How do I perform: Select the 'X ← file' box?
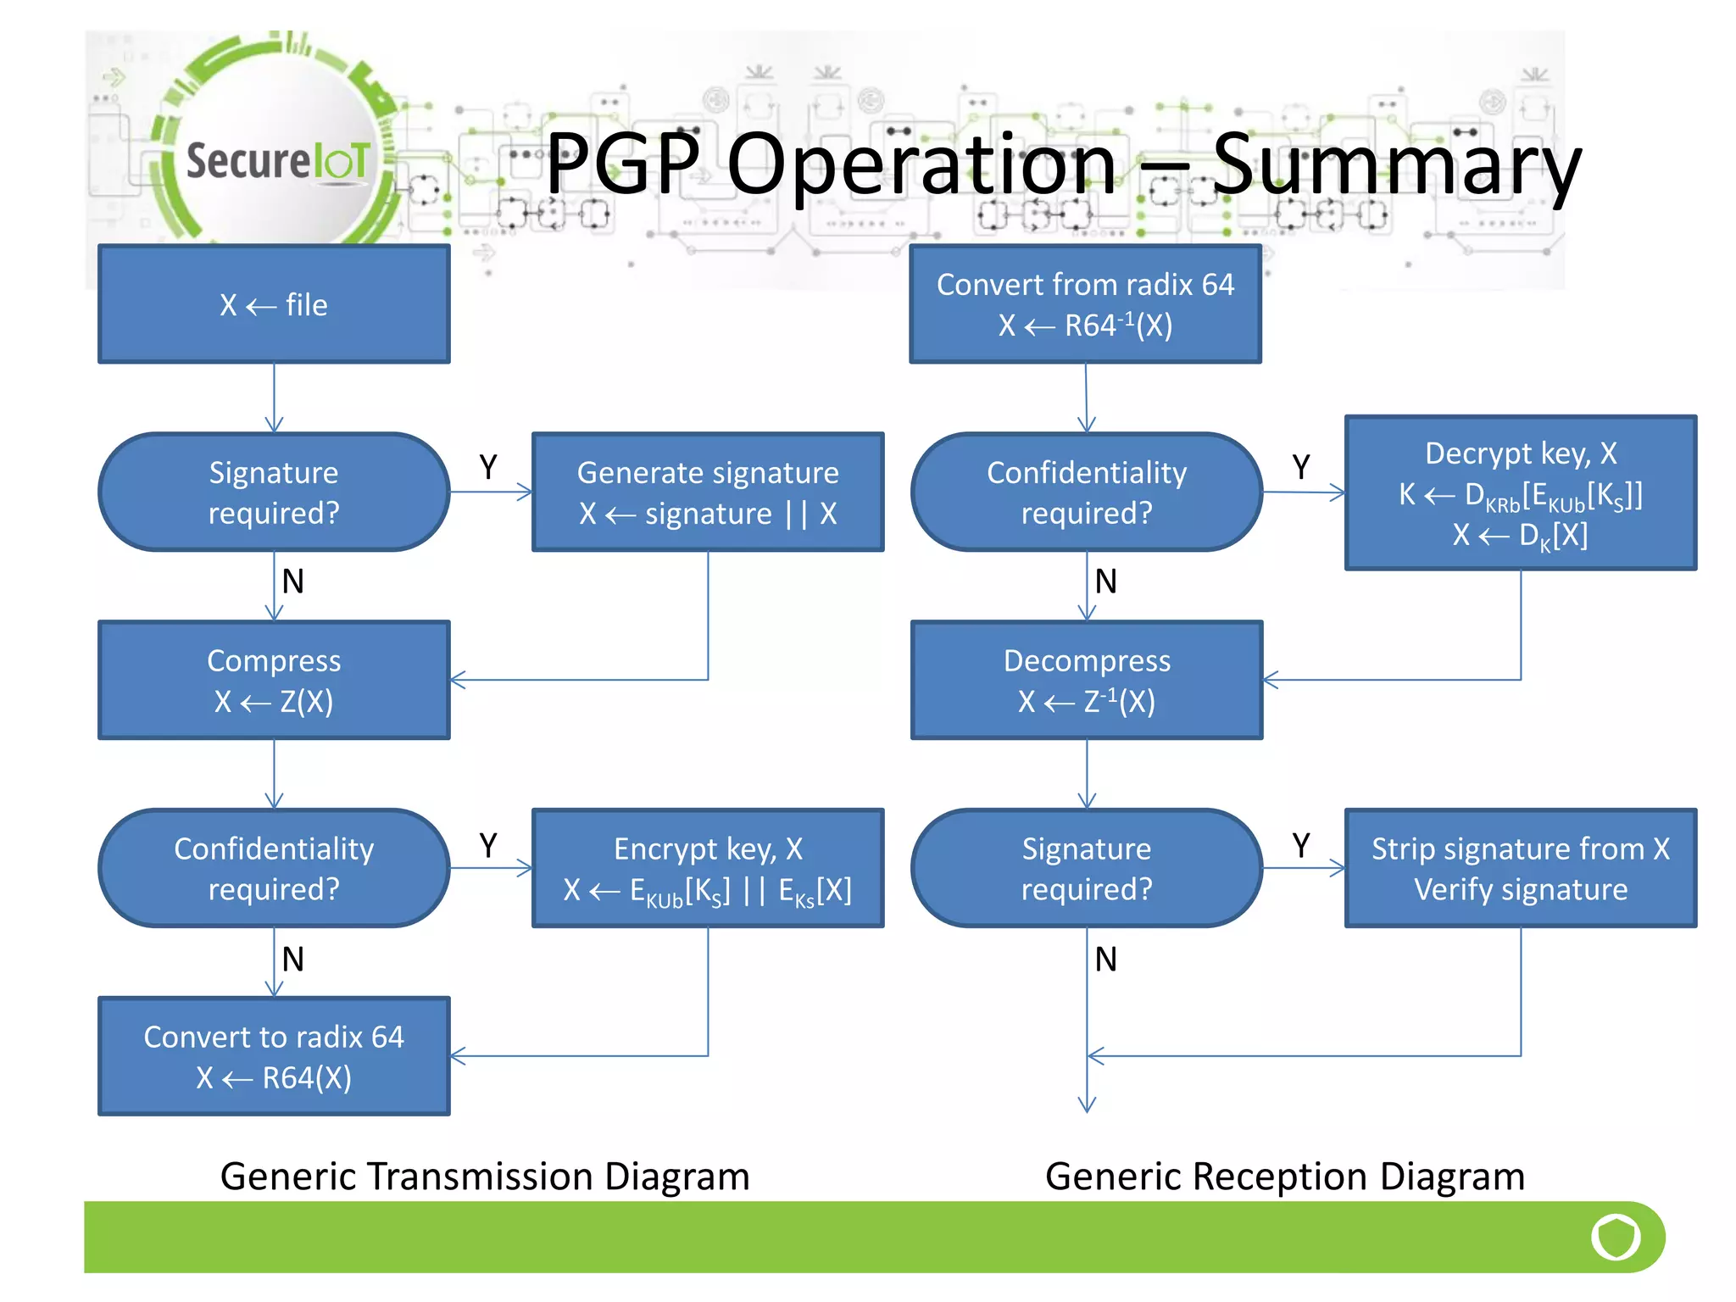point(274,304)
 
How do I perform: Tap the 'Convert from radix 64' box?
point(1085,304)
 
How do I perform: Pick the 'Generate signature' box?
point(708,492)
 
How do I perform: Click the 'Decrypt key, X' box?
point(1521,492)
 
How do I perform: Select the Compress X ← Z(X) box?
point(274,680)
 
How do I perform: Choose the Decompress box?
point(1087,680)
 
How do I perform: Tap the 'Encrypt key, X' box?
point(708,868)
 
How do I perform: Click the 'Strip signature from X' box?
point(1521,868)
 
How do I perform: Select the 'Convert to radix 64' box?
point(274,1056)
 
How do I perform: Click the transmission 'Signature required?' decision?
point(274,492)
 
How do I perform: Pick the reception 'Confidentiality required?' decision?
point(1087,492)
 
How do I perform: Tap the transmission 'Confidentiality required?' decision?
point(274,868)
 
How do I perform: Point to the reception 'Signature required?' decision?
point(1087,868)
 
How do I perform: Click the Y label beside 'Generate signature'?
point(488,467)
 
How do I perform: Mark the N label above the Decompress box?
point(1105,581)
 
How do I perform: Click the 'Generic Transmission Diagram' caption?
point(485,1177)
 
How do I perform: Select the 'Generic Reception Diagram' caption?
point(1284,1177)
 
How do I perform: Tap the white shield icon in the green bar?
point(1616,1237)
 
